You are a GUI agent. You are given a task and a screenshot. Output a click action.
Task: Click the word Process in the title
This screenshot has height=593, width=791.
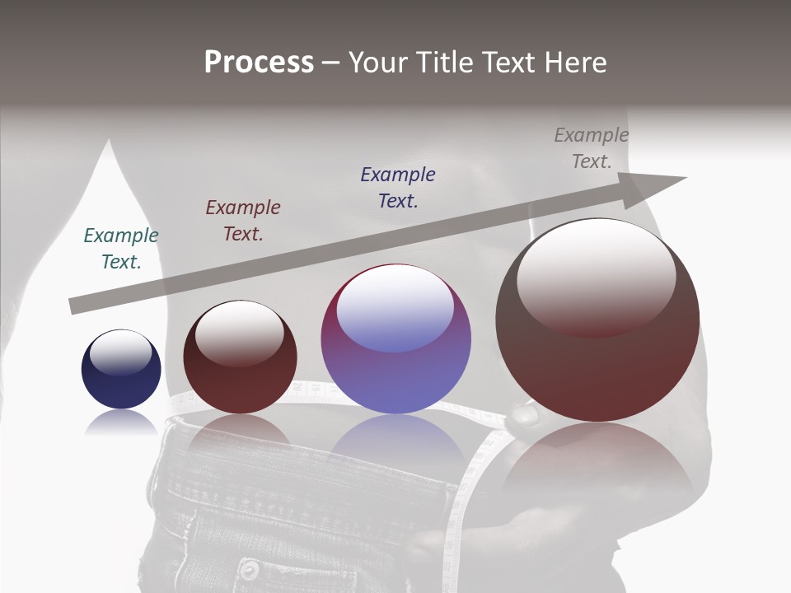(x=259, y=63)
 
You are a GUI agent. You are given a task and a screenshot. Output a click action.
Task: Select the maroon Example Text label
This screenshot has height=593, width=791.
(x=243, y=221)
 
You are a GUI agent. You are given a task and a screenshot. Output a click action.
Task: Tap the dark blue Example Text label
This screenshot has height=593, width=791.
(x=398, y=188)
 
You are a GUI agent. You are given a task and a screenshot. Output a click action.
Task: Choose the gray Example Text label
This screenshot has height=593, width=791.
(x=592, y=148)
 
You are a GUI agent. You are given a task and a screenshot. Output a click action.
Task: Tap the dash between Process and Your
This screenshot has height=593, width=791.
(x=331, y=63)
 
